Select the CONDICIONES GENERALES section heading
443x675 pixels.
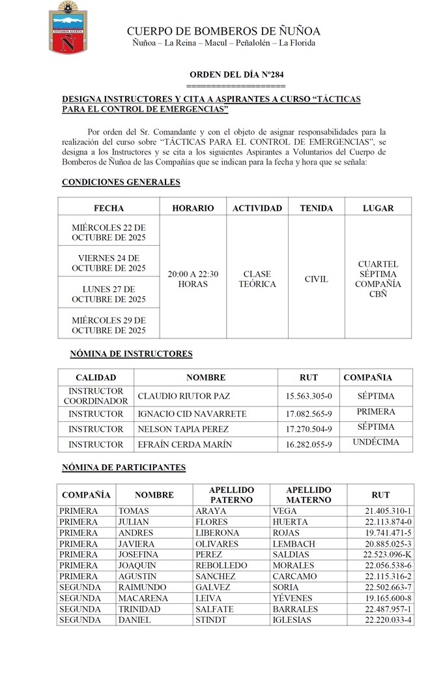coord(121,182)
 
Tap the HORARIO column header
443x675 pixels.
coord(193,208)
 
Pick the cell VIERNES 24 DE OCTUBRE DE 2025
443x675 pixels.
coord(109,263)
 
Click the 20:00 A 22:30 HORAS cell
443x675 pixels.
coord(193,279)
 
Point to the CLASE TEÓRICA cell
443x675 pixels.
coord(257,279)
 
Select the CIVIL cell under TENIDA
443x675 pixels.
coord(317,279)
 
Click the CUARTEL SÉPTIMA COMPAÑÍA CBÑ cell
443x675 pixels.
coord(379,279)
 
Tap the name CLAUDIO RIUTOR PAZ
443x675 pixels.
coord(184,396)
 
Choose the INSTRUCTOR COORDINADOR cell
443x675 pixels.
coord(96,396)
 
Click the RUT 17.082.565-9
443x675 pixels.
coord(309,414)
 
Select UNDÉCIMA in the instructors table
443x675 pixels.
coord(376,442)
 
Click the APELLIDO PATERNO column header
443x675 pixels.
coord(231,494)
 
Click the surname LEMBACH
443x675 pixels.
coord(294,544)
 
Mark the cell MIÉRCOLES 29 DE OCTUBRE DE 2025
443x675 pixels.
coord(109,325)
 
